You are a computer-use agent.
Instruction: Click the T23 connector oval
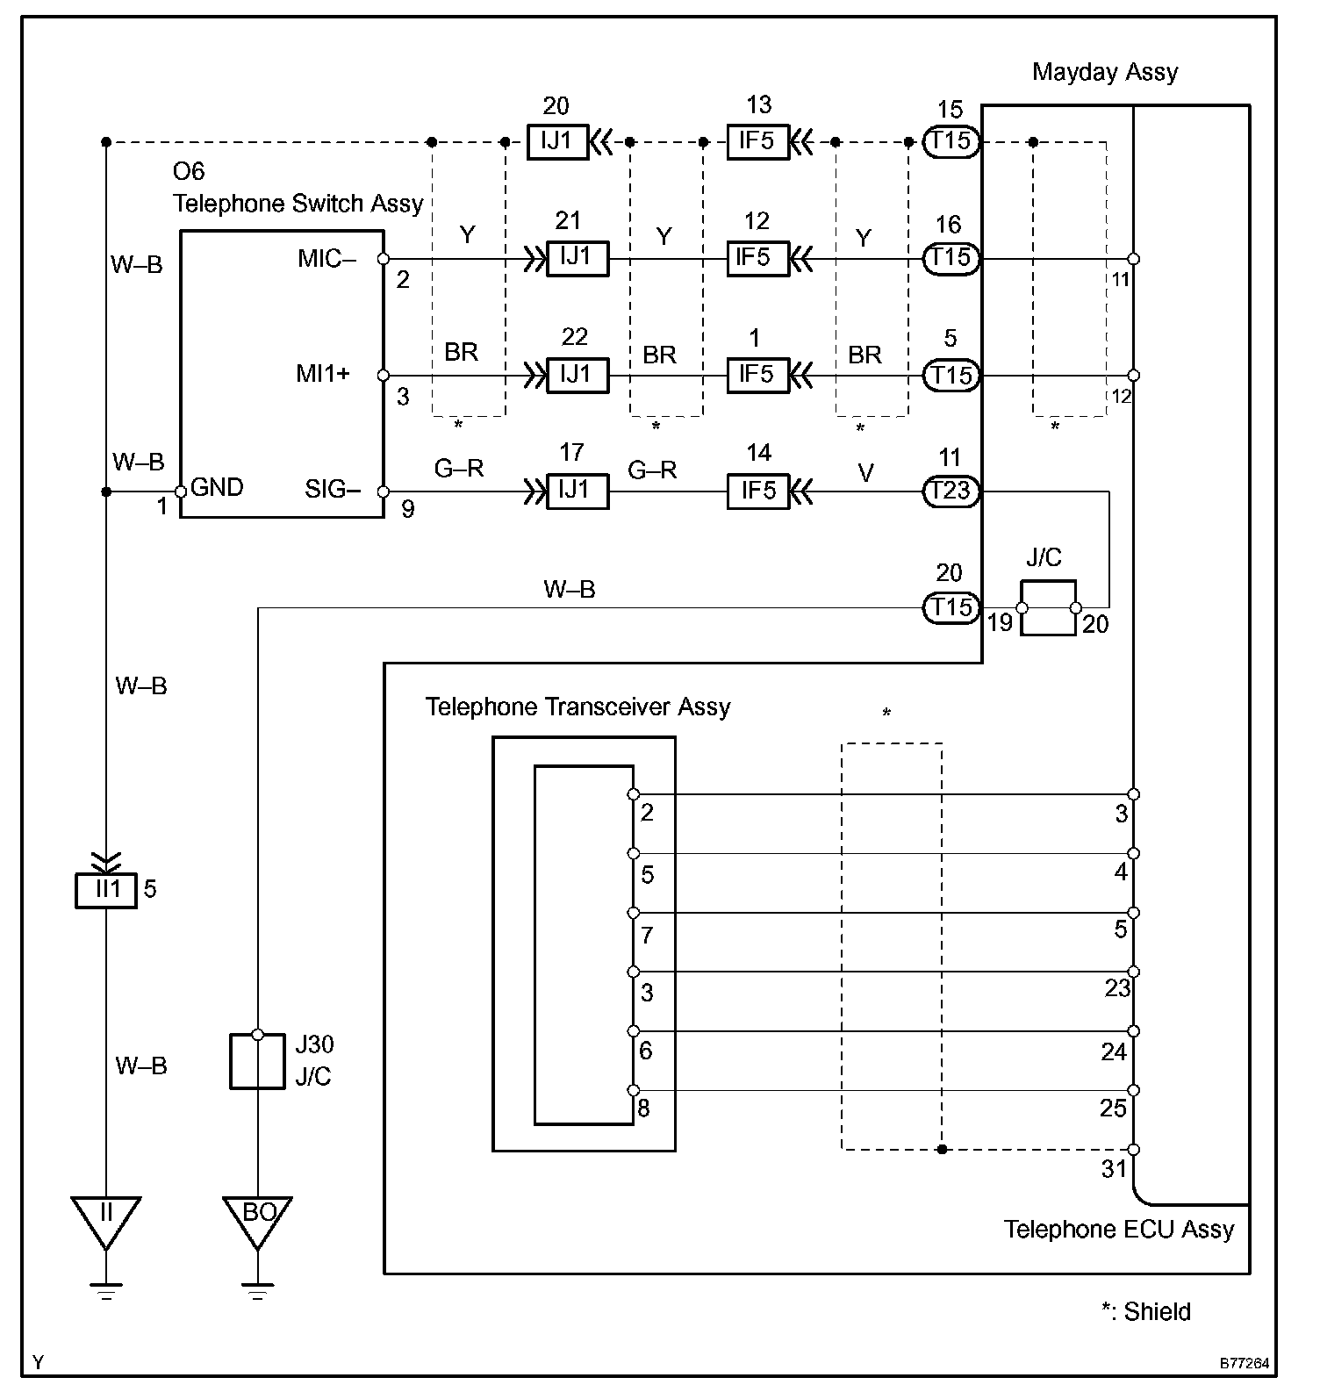tap(951, 491)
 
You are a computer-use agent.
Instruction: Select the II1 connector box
tap(105, 889)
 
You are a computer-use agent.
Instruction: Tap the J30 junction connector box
tap(257, 1061)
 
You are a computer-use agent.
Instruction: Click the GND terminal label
tap(217, 488)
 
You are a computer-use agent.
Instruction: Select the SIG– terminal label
tap(333, 489)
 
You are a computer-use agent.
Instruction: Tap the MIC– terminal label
tap(326, 259)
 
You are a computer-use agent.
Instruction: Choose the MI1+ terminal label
tap(323, 374)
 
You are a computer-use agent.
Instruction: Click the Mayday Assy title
tap(1105, 72)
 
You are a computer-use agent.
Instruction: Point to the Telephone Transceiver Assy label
tap(577, 707)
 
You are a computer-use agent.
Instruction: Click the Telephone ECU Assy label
tap(1119, 1230)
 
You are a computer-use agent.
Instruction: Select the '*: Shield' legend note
tap(1146, 1311)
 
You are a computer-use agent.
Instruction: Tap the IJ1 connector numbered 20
tap(557, 141)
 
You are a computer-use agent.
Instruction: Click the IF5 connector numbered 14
tap(758, 491)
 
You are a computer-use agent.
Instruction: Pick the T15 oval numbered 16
tap(951, 258)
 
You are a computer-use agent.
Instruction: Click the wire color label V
tap(865, 474)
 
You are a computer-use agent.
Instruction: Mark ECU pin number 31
tap(1114, 1168)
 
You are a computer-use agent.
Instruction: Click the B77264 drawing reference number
tap(1244, 1364)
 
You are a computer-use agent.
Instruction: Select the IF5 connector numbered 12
tap(758, 258)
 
